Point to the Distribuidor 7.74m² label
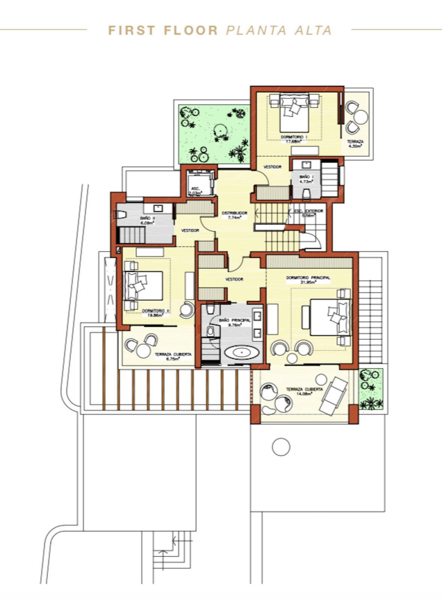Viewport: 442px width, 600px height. [x=234, y=215]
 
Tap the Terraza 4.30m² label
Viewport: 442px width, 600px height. [x=355, y=144]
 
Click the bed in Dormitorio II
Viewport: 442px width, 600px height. [x=144, y=285]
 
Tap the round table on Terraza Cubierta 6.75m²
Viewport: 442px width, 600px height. [x=143, y=351]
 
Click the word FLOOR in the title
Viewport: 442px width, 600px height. [x=191, y=30]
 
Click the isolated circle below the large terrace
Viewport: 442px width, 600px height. [x=281, y=447]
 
